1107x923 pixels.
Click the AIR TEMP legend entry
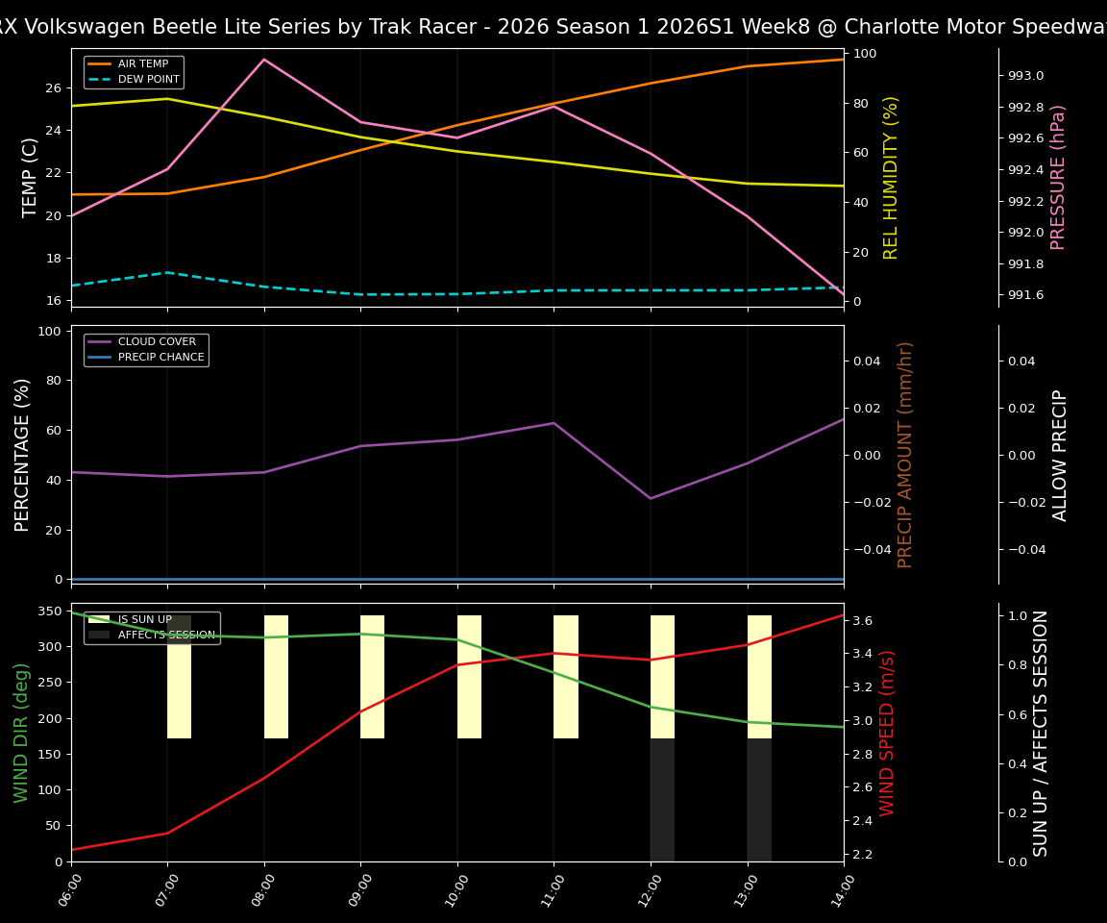[x=142, y=64]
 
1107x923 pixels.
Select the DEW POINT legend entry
[x=148, y=79]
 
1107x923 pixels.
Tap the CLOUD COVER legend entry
[x=157, y=342]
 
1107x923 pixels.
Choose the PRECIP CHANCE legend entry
[x=160, y=358]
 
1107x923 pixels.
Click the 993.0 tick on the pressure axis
[x=1024, y=76]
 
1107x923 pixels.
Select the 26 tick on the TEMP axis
[x=52, y=88]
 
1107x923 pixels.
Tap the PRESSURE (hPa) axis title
[x=1059, y=177]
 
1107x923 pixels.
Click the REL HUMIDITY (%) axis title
[x=891, y=177]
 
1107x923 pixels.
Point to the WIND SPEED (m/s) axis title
[x=887, y=733]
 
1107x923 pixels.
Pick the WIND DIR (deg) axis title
[x=21, y=733]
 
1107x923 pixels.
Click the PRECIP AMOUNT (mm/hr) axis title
[x=905, y=455]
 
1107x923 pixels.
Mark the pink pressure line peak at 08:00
[x=264, y=60]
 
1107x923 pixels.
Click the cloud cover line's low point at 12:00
[x=651, y=498]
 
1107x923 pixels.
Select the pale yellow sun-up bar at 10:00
[x=469, y=677]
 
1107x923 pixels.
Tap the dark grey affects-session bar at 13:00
[x=759, y=800]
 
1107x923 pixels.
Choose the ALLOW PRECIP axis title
[x=1060, y=455]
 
